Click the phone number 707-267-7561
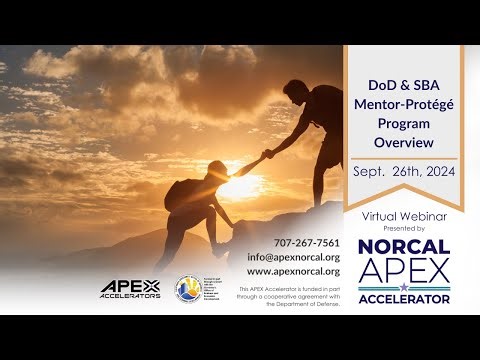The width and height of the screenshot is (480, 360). pyautogui.click(x=306, y=243)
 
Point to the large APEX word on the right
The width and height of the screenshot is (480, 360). pyautogui.click(x=403, y=271)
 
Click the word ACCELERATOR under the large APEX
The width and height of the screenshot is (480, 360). pyautogui.click(x=403, y=298)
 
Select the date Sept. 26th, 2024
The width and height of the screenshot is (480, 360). pyautogui.click(x=403, y=172)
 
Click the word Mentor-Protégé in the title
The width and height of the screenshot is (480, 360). pyautogui.click(x=403, y=106)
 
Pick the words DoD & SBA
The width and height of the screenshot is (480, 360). pyautogui.click(x=403, y=86)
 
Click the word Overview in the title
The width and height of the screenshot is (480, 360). pyautogui.click(x=403, y=143)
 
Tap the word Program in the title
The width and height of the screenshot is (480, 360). pyautogui.click(x=403, y=124)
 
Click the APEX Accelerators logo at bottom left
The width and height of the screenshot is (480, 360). pyautogui.click(x=131, y=289)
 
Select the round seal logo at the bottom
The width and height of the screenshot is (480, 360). pyautogui.click(x=187, y=288)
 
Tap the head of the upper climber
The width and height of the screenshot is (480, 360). pyautogui.click(x=299, y=92)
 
